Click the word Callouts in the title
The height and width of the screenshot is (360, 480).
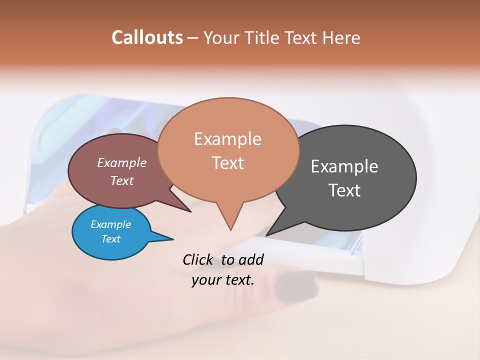click(x=147, y=37)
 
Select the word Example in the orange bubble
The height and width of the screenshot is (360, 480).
click(x=227, y=139)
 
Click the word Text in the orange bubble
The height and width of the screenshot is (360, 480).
click(x=227, y=163)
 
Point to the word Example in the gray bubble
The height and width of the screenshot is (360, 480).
click(x=344, y=166)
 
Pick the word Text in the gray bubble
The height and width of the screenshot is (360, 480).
click(x=344, y=190)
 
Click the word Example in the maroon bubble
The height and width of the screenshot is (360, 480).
click(x=121, y=163)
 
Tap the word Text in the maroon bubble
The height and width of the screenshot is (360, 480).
click(x=121, y=181)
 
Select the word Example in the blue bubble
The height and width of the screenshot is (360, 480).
click(x=110, y=224)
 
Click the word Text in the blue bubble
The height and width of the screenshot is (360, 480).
click(x=110, y=239)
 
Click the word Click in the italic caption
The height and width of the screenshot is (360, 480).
click(x=199, y=259)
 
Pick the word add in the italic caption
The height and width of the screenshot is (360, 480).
click(x=250, y=259)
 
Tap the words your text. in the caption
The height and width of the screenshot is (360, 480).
click(x=222, y=280)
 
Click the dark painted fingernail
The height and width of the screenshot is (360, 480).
click(x=295, y=287)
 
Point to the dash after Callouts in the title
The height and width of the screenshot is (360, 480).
click(x=193, y=38)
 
